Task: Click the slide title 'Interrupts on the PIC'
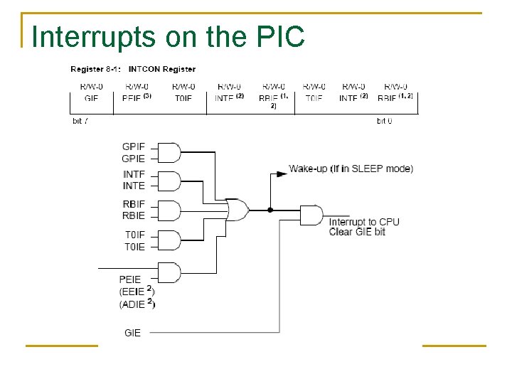click(169, 37)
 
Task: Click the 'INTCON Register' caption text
click(161, 69)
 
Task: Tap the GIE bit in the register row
click(91, 97)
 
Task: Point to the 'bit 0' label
click(385, 121)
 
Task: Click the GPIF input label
click(133, 147)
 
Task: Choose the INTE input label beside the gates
click(133, 186)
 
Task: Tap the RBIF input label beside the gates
click(133, 205)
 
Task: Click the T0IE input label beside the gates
click(133, 247)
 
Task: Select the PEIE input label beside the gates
click(130, 279)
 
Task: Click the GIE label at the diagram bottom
click(132, 332)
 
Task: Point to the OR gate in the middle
click(237, 210)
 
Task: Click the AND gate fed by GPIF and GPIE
click(168, 153)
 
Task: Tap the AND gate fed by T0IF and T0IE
click(168, 240)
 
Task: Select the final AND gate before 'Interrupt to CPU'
click(311, 214)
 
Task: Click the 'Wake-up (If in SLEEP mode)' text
click(351, 169)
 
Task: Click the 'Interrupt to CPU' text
click(364, 222)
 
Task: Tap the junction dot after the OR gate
click(270, 210)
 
